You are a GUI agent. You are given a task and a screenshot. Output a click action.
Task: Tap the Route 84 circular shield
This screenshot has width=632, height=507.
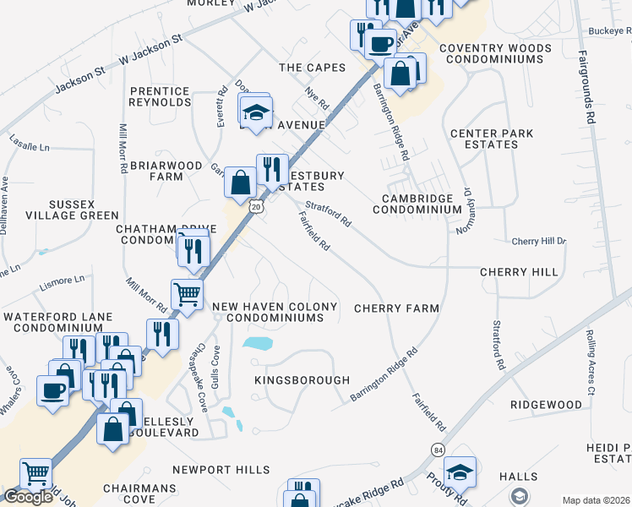(x=438, y=449)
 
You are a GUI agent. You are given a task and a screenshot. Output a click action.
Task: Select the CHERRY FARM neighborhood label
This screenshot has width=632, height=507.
(x=396, y=308)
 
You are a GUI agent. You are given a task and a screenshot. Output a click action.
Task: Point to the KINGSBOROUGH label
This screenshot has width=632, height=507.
(x=302, y=381)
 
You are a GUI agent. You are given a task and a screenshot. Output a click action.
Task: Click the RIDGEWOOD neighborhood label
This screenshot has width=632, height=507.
(x=546, y=406)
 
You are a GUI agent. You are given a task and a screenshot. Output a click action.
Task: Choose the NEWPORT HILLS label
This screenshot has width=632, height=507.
(x=221, y=470)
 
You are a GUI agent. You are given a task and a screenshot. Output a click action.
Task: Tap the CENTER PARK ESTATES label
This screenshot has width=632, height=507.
(x=495, y=139)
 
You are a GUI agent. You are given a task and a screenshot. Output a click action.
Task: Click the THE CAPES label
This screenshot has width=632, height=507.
(x=313, y=68)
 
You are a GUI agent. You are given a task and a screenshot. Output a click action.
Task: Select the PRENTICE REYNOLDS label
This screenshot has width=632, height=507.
(x=161, y=96)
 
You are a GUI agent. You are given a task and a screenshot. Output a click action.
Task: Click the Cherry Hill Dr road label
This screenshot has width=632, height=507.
(x=538, y=242)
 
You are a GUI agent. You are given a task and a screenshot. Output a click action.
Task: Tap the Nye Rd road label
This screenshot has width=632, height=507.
(x=318, y=99)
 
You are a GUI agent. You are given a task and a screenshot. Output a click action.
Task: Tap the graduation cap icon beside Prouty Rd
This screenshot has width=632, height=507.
(x=460, y=471)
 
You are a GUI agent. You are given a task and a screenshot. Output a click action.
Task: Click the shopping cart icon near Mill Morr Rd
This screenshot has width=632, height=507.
(x=187, y=294)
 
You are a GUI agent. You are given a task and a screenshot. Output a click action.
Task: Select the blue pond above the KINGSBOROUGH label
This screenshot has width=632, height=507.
(x=257, y=344)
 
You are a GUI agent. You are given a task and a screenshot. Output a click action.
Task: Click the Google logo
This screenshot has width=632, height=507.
(x=28, y=498)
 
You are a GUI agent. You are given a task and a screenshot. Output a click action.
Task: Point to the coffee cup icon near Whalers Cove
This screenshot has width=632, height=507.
(x=52, y=391)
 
